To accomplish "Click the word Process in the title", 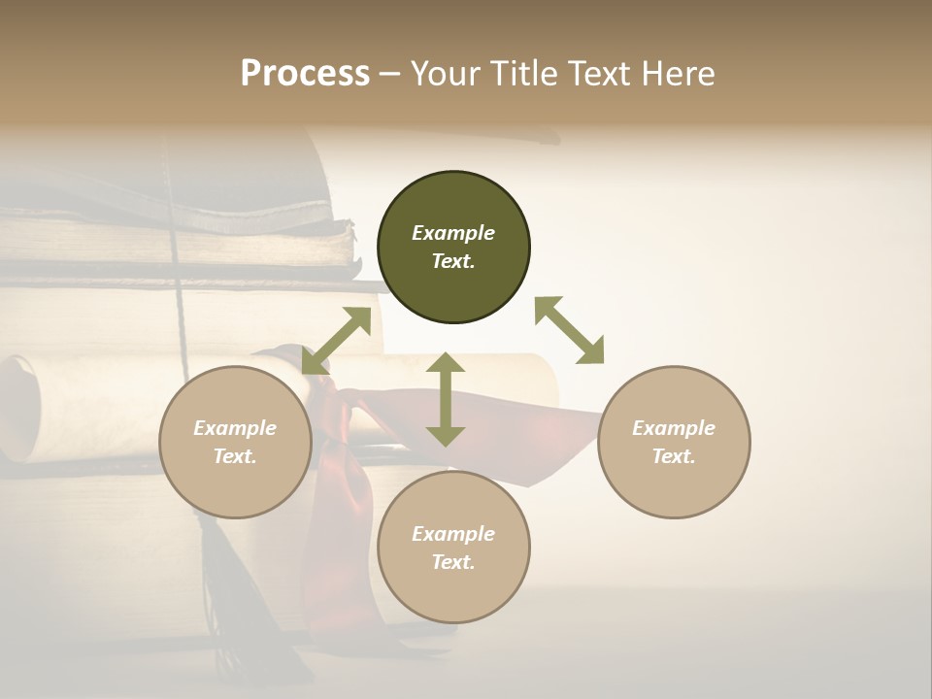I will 305,74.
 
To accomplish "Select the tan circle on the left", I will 235,442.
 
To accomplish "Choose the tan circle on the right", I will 674,442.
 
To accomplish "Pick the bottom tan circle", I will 453,547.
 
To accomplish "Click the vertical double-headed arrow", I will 446,399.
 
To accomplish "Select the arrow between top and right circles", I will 569,330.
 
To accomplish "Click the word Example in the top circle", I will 453,233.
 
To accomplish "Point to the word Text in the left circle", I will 235,456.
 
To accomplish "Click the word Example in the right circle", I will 674,428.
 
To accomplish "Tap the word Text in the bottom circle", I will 453,562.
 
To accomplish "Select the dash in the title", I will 389,74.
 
